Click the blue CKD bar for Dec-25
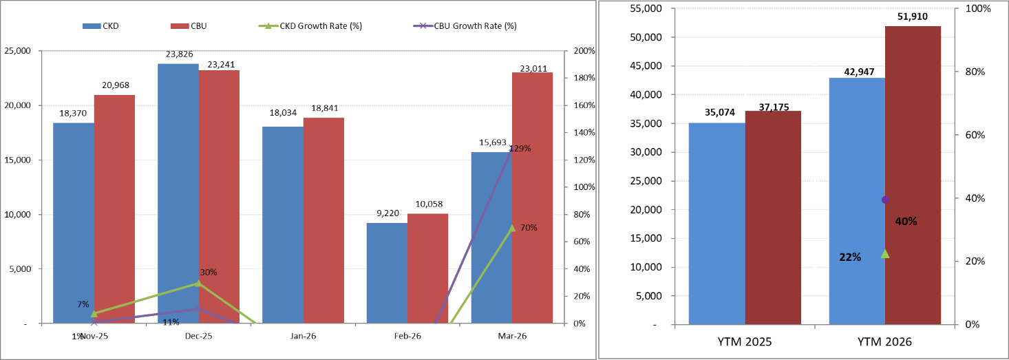[x=178, y=193]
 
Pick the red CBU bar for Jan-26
[x=323, y=220]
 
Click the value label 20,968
[x=114, y=84]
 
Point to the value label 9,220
[x=386, y=213]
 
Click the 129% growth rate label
[x=520, y=148]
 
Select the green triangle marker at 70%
[x=511, y=228]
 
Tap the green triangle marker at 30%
[x=198, y=283]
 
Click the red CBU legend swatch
[x=180, y=26]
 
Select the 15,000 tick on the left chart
[x=19, y=160]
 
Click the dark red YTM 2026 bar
[x=913, y=175]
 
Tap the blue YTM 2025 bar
[x=717, y=223]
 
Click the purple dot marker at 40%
[x=885, y=200]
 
